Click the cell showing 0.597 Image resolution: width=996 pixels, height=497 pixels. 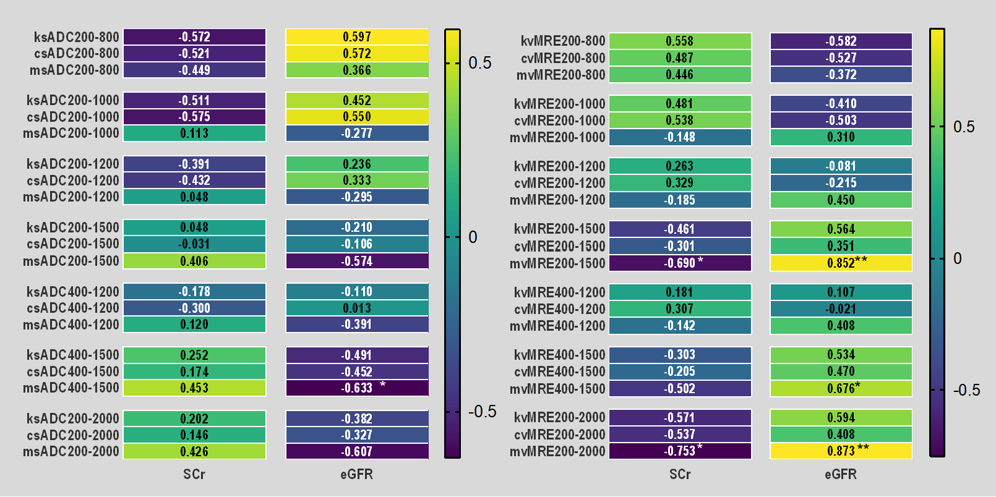click(357, 37)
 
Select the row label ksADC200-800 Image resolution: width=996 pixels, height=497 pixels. click(77, 37)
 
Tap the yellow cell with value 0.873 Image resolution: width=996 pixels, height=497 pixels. click(841, 451)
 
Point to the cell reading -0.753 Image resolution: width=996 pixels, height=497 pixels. click(680, 451)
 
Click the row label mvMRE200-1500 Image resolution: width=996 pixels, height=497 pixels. click(557, 263)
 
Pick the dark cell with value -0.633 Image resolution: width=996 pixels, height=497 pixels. click(357, 388)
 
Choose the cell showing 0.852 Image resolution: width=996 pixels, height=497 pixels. click(841, 263)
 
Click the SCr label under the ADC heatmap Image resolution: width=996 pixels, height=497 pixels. click(194, 474)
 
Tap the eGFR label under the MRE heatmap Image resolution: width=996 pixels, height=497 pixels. click(841, 474)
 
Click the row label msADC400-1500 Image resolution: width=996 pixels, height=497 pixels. click(71, 388)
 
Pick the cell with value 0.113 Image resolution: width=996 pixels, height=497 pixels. click(194, 134)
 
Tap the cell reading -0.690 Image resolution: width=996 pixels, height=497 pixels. click(680, 263)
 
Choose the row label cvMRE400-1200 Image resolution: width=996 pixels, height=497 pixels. click(560, 308)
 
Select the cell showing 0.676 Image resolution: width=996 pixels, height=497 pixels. click(841, 388)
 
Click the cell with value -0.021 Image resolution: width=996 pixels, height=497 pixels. click(841, 308)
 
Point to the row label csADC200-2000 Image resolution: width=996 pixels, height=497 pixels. click(73, 435)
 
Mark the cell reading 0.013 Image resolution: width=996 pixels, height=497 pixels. click(357, 308)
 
